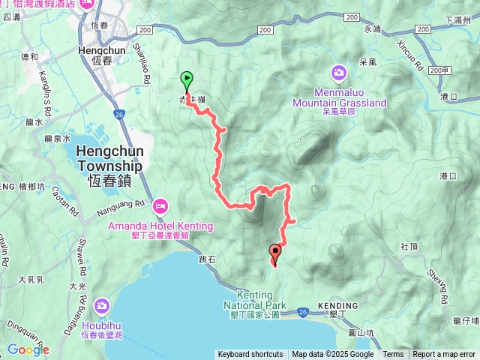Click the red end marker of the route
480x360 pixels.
tap(275, 253)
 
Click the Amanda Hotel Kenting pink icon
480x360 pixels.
tap(160, 206)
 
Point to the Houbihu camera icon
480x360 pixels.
tap(102, 305)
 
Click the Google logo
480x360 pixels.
tap(28, 349)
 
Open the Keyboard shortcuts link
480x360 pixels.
tap(250, 355)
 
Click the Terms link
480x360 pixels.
tap(393, 355)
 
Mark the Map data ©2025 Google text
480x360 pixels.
tap(333, 355)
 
